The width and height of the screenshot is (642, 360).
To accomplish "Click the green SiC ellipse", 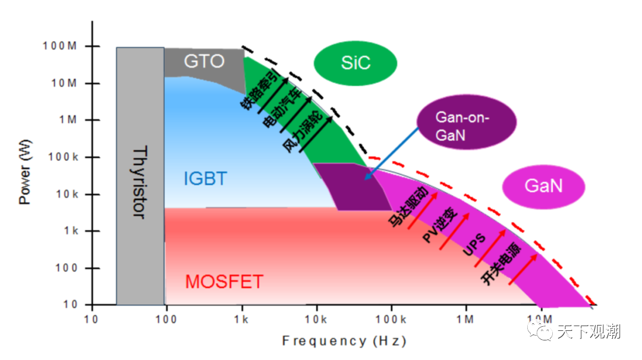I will click(x=355, y=63).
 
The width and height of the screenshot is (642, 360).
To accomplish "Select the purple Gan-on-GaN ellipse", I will click(x=467, y=125).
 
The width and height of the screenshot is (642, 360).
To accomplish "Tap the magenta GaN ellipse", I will click(x=543, y=187).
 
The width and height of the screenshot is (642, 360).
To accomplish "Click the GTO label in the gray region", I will click(x=204, y=61).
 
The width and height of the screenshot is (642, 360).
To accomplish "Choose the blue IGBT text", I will click(x=205, y=178).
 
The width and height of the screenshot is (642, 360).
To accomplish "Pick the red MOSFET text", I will click(x=224, y=281).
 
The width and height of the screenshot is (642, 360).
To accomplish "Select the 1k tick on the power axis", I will click(x=70, y=231).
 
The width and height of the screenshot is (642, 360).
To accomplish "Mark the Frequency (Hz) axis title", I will click(x=344, y=341).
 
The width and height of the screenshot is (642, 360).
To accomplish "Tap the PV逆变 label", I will click(x=440, y=226).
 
